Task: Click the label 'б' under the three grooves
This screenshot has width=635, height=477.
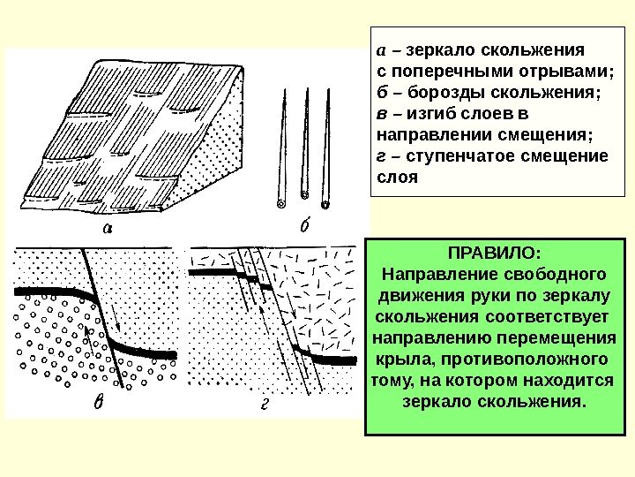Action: tap(304, 227)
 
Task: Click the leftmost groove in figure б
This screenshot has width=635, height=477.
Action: tap(282, 150)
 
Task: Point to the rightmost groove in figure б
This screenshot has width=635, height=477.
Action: tap(325, 150)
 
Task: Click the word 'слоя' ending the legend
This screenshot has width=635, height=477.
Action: tap(393, 178)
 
